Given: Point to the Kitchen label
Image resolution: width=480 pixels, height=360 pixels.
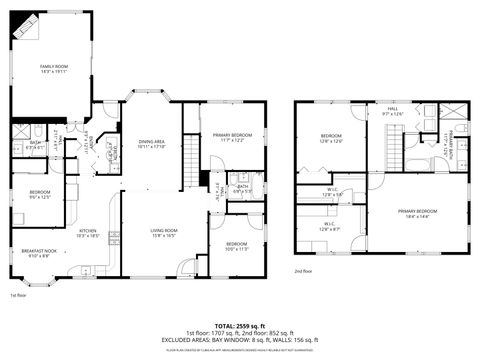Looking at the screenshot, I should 88,232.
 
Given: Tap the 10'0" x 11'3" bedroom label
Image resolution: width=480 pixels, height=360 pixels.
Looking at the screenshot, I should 236,246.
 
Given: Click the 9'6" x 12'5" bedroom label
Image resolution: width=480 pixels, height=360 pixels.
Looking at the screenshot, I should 40,194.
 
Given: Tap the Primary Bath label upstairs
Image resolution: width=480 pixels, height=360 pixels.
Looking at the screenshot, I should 451,141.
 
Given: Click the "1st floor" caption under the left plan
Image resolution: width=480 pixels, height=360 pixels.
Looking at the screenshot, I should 18,296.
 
